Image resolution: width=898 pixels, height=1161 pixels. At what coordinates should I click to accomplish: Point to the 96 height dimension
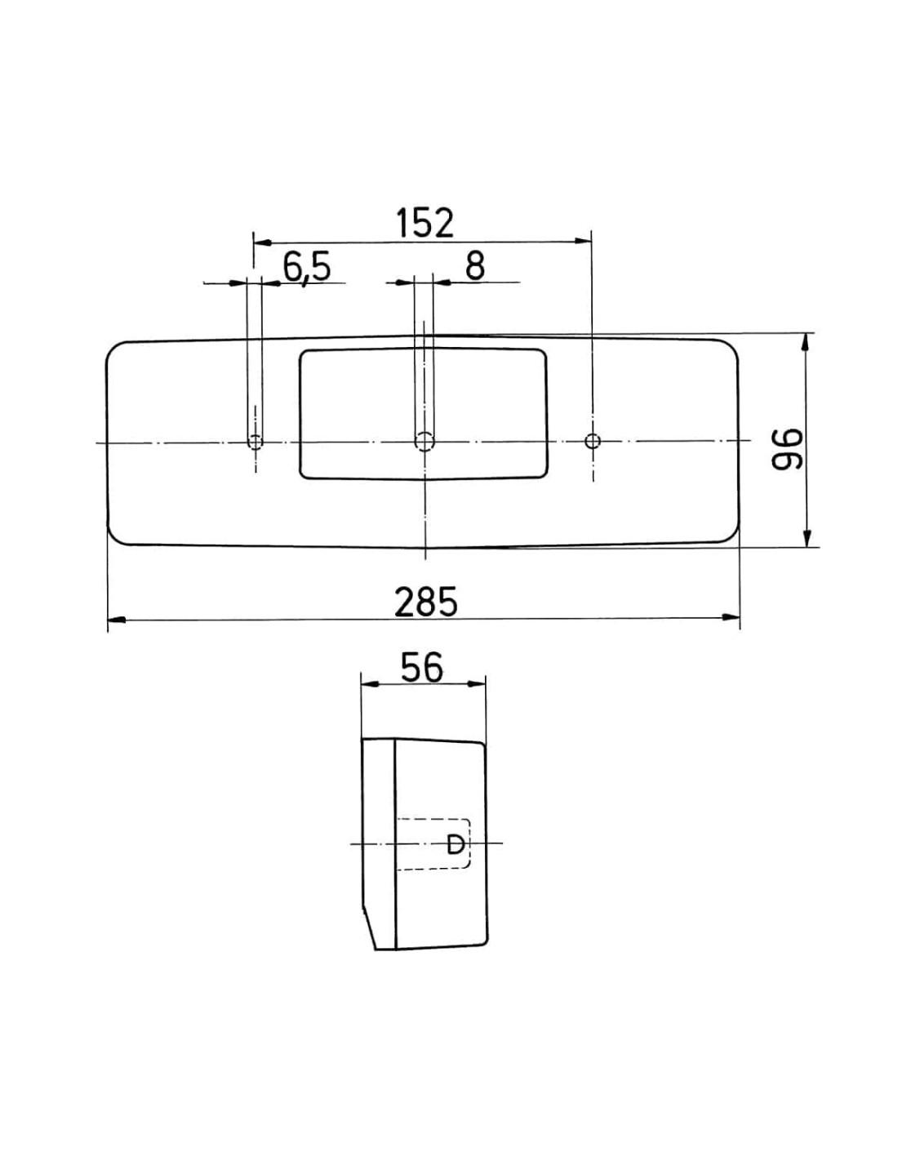(x=788, y=449)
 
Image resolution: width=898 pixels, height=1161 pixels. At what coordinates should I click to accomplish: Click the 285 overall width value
(x=426, y=602)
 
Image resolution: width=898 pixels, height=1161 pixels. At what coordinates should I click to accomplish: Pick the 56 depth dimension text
(x=422, y=667)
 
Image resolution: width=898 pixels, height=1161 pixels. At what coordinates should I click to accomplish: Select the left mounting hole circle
(x=256, y=442)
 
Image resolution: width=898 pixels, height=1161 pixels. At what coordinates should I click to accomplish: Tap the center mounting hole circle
(x=425, y=442)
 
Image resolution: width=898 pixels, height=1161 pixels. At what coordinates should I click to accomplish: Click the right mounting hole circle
(x=593, y=442)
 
